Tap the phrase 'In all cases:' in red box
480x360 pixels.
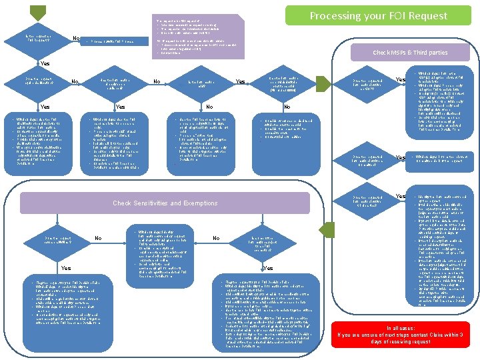click(x=405, y=328)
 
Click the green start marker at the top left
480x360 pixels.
click(x=37, y=12)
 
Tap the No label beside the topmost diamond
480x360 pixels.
click(x=77, y=38)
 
